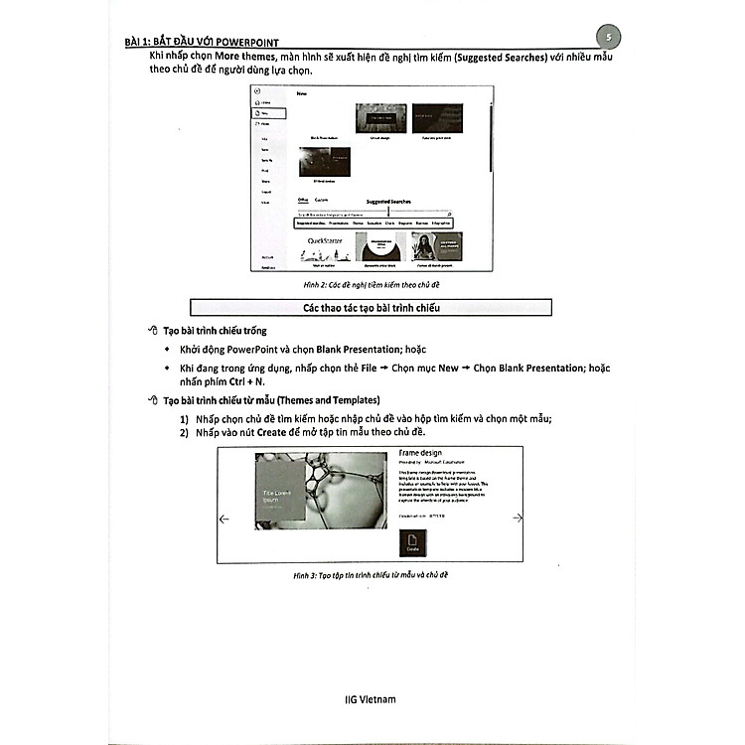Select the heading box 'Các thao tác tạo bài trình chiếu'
[371, 308]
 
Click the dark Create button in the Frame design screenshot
[412, 541]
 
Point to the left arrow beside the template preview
[224, 518]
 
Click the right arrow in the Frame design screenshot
[517, 518]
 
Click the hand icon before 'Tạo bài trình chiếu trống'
[152, 331]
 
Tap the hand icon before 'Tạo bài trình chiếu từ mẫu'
[152, 399]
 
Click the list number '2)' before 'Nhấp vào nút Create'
[185, 433]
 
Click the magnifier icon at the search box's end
[449, 214]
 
